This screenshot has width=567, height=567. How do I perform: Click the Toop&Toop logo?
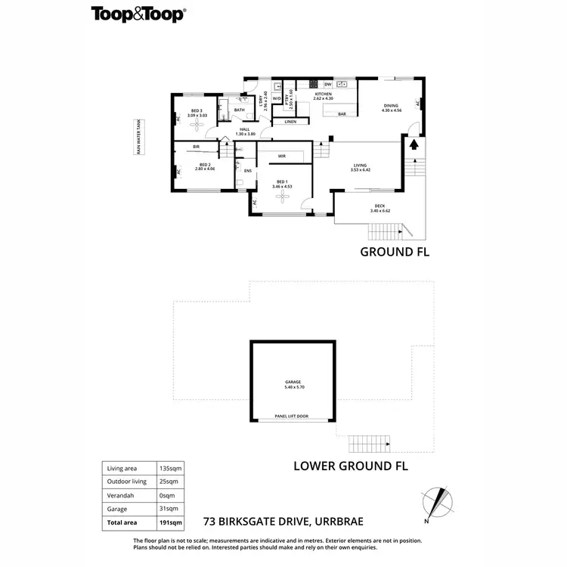(139, 14)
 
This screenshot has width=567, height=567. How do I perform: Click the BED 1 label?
(282, 182)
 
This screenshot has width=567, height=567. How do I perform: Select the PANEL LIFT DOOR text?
(293, 416)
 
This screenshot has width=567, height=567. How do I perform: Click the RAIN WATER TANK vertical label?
(138, 137)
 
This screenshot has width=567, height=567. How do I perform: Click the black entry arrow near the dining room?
(413, 144)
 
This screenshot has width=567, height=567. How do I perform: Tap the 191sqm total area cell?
(171, 522)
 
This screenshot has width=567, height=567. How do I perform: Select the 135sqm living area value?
(170, 468)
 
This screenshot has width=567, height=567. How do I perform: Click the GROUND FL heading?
(394, 252)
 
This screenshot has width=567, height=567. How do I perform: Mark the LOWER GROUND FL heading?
(350, 466)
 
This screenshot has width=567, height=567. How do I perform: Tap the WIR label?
(281, 156)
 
